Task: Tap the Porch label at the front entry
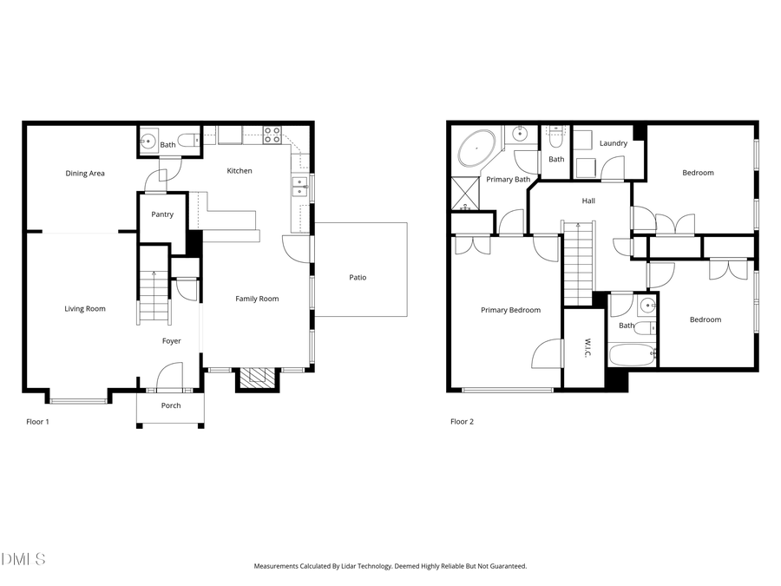(x=171, y=405)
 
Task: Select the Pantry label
(x=162, y=214)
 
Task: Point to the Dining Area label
(x=85, y=174)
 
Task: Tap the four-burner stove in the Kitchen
(x=272, y=135)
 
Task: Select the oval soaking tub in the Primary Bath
(x=476, y=149)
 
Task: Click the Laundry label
(x=614, y=143)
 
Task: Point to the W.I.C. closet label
(x=587, y=349)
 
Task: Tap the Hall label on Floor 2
(x=588, y=201)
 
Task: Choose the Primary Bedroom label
(x=511, y=310)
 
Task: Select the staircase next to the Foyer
(x=154, y=296)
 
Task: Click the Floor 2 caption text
(x=463, y=422)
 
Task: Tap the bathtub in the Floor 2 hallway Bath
(x=631, y=354)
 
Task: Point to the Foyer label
(x=172, y=341)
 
